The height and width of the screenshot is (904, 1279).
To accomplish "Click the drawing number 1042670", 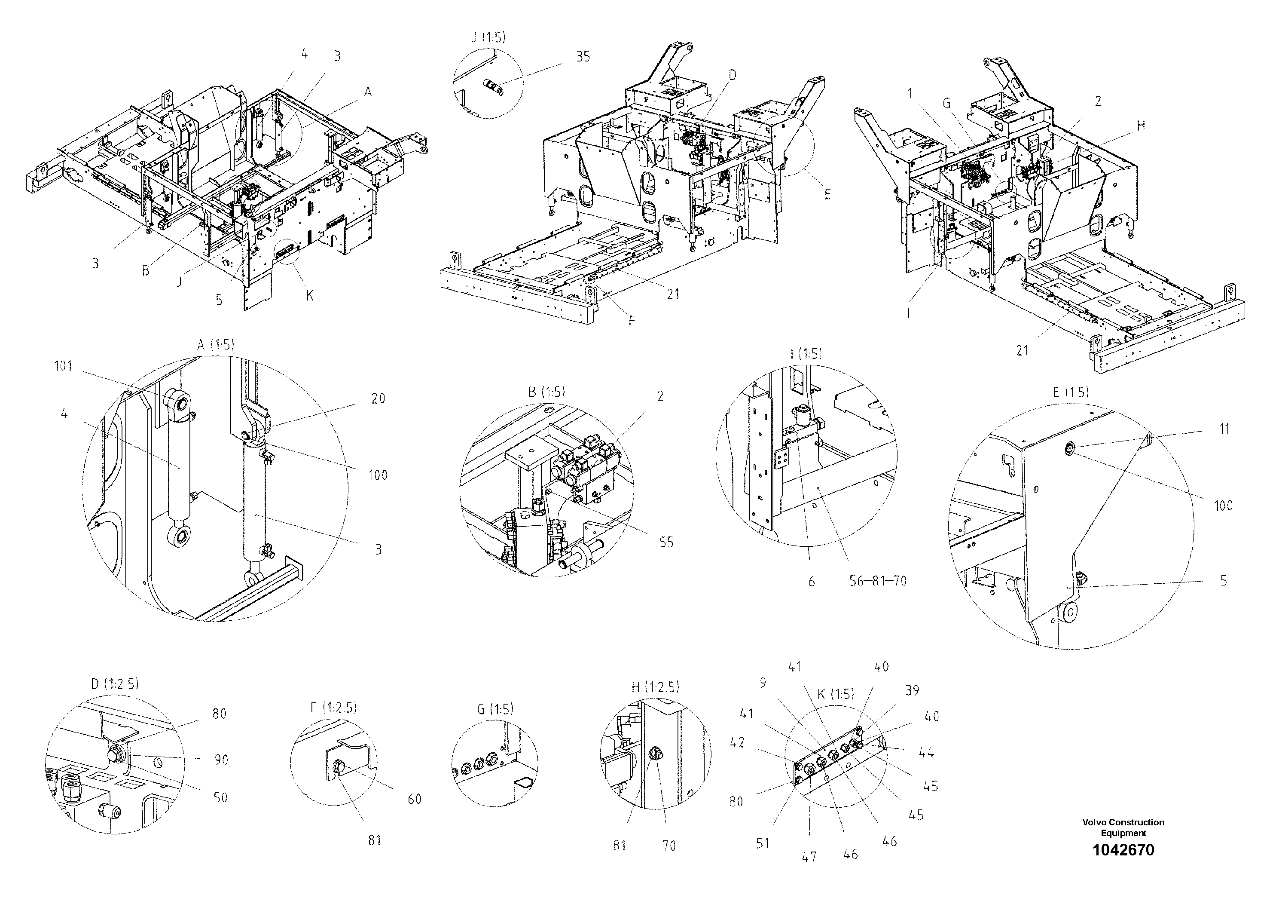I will tap(1123, 850).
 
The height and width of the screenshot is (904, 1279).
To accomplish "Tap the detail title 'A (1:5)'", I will tap(216, 345).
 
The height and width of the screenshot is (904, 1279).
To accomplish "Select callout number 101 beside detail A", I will tap(64, 366).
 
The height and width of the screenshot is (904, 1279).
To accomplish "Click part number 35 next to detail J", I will tap(583, 57).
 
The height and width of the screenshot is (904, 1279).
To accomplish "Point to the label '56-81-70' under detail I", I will tap(878, 581).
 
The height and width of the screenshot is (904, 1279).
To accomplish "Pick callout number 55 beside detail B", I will tap(666, 542).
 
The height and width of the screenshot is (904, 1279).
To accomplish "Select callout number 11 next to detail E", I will tap(1224, 429).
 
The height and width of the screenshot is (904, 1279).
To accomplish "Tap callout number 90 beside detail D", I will tap(221, 760).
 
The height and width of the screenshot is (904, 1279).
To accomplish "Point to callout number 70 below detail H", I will tap(668, 846).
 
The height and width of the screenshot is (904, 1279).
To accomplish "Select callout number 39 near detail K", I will tap(912, 690).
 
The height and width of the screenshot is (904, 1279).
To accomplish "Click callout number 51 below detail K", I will tap(763, 844).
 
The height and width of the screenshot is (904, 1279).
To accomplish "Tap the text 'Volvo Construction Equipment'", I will tap(1123, 827).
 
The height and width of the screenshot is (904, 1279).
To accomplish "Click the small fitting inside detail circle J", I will tap(492, 86).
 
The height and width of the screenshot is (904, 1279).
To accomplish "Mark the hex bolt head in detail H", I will tap(655, 755).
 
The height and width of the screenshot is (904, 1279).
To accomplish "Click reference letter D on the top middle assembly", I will tap(732, 75).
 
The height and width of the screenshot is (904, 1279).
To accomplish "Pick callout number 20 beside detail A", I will tap(378, 398).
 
